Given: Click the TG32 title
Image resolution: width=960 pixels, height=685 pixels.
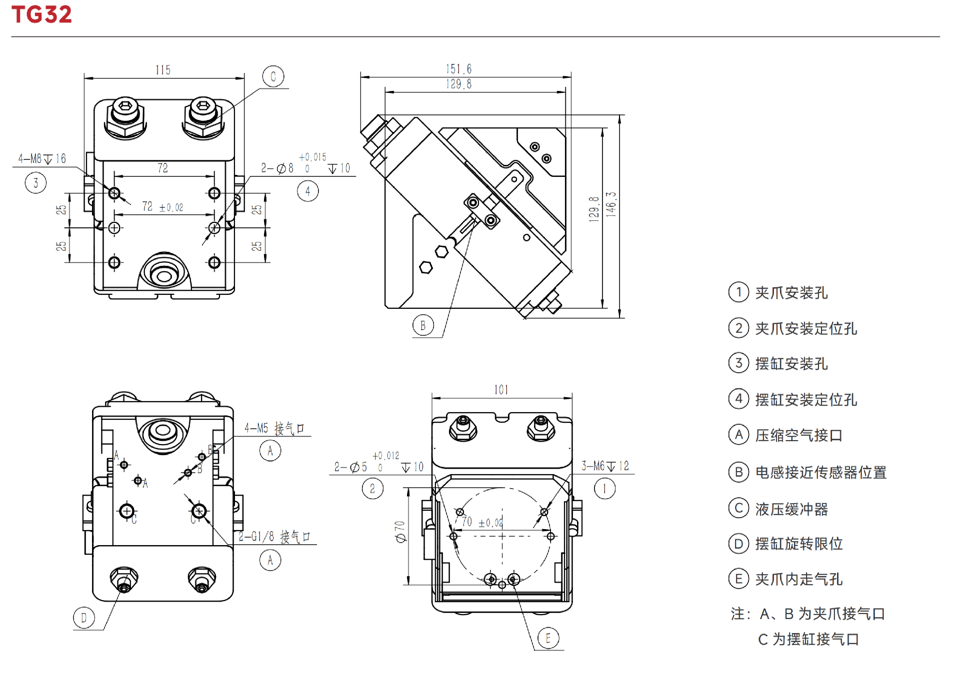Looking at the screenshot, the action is coord(41,14).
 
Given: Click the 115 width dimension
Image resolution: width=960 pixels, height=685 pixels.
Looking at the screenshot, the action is coord(163,70).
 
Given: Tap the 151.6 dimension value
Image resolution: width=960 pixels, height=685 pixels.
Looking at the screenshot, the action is coord(458,69).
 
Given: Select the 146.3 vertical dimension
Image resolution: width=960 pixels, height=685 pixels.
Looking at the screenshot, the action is coord(611,204).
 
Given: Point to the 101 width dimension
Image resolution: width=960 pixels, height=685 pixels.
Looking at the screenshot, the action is coord(501,390).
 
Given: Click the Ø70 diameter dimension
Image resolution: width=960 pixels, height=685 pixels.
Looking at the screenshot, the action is coord(400,532).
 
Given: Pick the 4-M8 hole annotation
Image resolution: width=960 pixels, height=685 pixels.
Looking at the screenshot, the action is coord(42,159).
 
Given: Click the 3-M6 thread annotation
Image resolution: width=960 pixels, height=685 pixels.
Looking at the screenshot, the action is coord(605,466).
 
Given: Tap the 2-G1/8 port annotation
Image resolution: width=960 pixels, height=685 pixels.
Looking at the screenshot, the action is coord(274,537).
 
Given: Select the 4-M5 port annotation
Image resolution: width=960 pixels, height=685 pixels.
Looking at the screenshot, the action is coord(274,428).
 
